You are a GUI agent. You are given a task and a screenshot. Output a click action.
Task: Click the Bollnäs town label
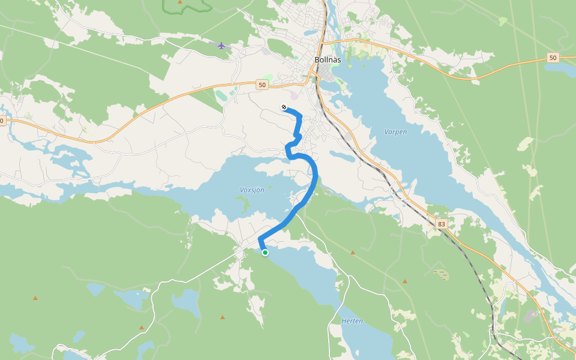click(x=328, y=60)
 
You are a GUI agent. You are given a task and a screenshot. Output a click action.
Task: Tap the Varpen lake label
click(x=395, y=131)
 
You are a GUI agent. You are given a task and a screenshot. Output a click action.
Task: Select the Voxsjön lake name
click(x=252, y=190)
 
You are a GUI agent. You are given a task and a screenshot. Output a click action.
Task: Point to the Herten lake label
click(x=352, y=321)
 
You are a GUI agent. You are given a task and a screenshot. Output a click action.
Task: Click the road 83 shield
click(x=442, y=224)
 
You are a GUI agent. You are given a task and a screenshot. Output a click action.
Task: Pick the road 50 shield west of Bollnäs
click(x=262, y=85)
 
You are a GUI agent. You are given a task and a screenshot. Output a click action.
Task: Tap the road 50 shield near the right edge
click(x=553, y=58)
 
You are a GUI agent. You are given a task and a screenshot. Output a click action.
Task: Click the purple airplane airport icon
click(x=222, y=45)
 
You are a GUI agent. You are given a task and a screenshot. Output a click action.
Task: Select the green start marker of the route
click(x=265, y=253)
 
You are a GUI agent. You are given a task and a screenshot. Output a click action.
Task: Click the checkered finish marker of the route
click(x=284, y=107)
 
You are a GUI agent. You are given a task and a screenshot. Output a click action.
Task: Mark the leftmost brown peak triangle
click(x=35, y=298)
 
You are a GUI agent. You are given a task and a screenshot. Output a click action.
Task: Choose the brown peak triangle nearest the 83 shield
click(x=405, y=280)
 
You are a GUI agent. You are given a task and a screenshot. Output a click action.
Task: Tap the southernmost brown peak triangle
click(x=142, y=327)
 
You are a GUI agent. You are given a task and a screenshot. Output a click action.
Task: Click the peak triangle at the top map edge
click(x=180, y=2)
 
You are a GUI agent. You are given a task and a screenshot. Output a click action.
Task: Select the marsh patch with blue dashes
click(x=442, y=275)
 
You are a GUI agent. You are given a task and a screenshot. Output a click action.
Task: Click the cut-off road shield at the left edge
click(x=2, y=121)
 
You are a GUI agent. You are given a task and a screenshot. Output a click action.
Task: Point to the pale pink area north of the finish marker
click(x=293, y=95)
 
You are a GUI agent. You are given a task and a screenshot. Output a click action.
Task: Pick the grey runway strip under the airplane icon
click(x=219, y=44)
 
